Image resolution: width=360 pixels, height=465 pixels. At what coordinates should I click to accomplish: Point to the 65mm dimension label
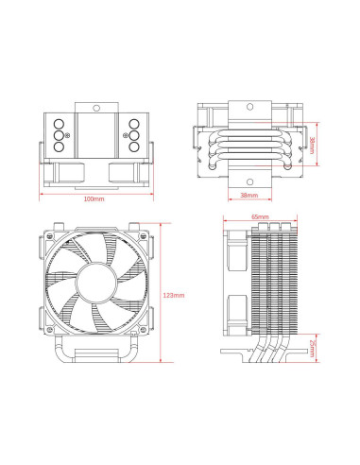point(261,217)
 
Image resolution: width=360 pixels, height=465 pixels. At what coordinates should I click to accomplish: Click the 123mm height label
point(173,296)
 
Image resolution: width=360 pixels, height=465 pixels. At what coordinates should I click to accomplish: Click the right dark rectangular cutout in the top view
point(124,172)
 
